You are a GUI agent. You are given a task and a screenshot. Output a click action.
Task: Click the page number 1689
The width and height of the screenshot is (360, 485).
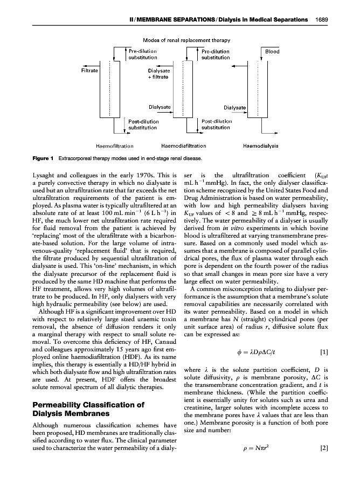pyautogui.click(x=329, y=21)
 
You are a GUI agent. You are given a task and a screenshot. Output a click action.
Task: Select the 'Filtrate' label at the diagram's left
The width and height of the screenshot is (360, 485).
pyautogui.click(x=89, y=70)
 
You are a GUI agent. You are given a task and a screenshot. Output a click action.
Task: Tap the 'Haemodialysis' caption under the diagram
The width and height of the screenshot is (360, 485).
pyautogui.click(x=261, y=146)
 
